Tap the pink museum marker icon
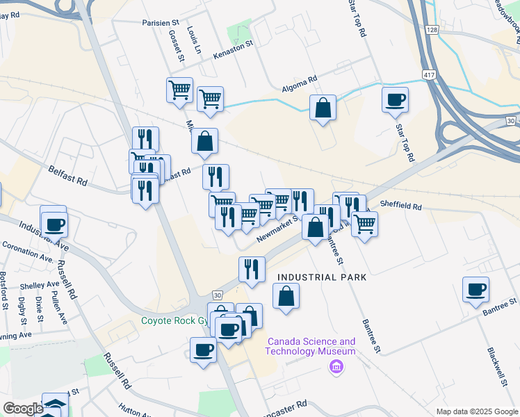[336, 366]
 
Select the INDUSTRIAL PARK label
[321, 277]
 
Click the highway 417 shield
[429, 73]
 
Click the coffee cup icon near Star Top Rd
[395, 99]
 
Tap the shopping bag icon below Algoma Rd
[323, 108]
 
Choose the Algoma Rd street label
[299, 80]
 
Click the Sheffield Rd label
[401, 206]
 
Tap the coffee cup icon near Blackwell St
[476, 289]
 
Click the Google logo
[23, 409]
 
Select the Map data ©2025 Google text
[477, 411]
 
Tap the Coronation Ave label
[28, 251]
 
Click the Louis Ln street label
[193, 40]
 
